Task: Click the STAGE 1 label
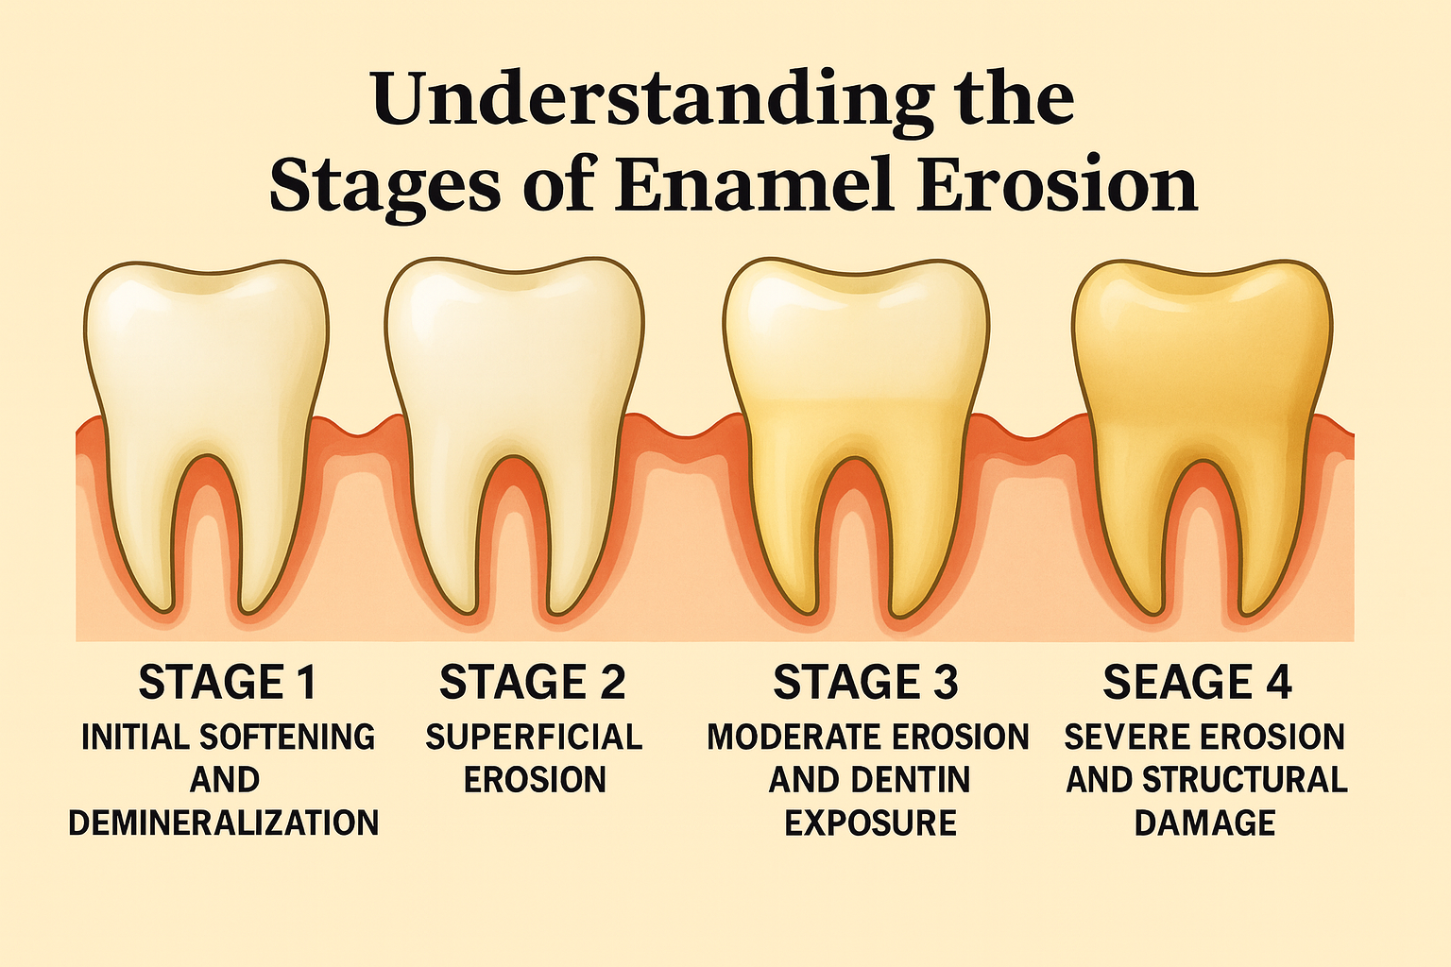click(x=227, y=683)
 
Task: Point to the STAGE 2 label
click(x=533, y=683)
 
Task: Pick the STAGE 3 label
click(x=865, y=683)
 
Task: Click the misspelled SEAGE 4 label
click(x=1197, y=683)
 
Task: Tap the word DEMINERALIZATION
click(x=224, y=823)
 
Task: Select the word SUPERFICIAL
click(x=534, y=737)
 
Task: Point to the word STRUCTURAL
click(x=1245, y=780)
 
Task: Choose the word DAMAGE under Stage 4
click(x=1204, y=823)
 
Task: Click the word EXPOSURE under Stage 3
click(x=870, y=823)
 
